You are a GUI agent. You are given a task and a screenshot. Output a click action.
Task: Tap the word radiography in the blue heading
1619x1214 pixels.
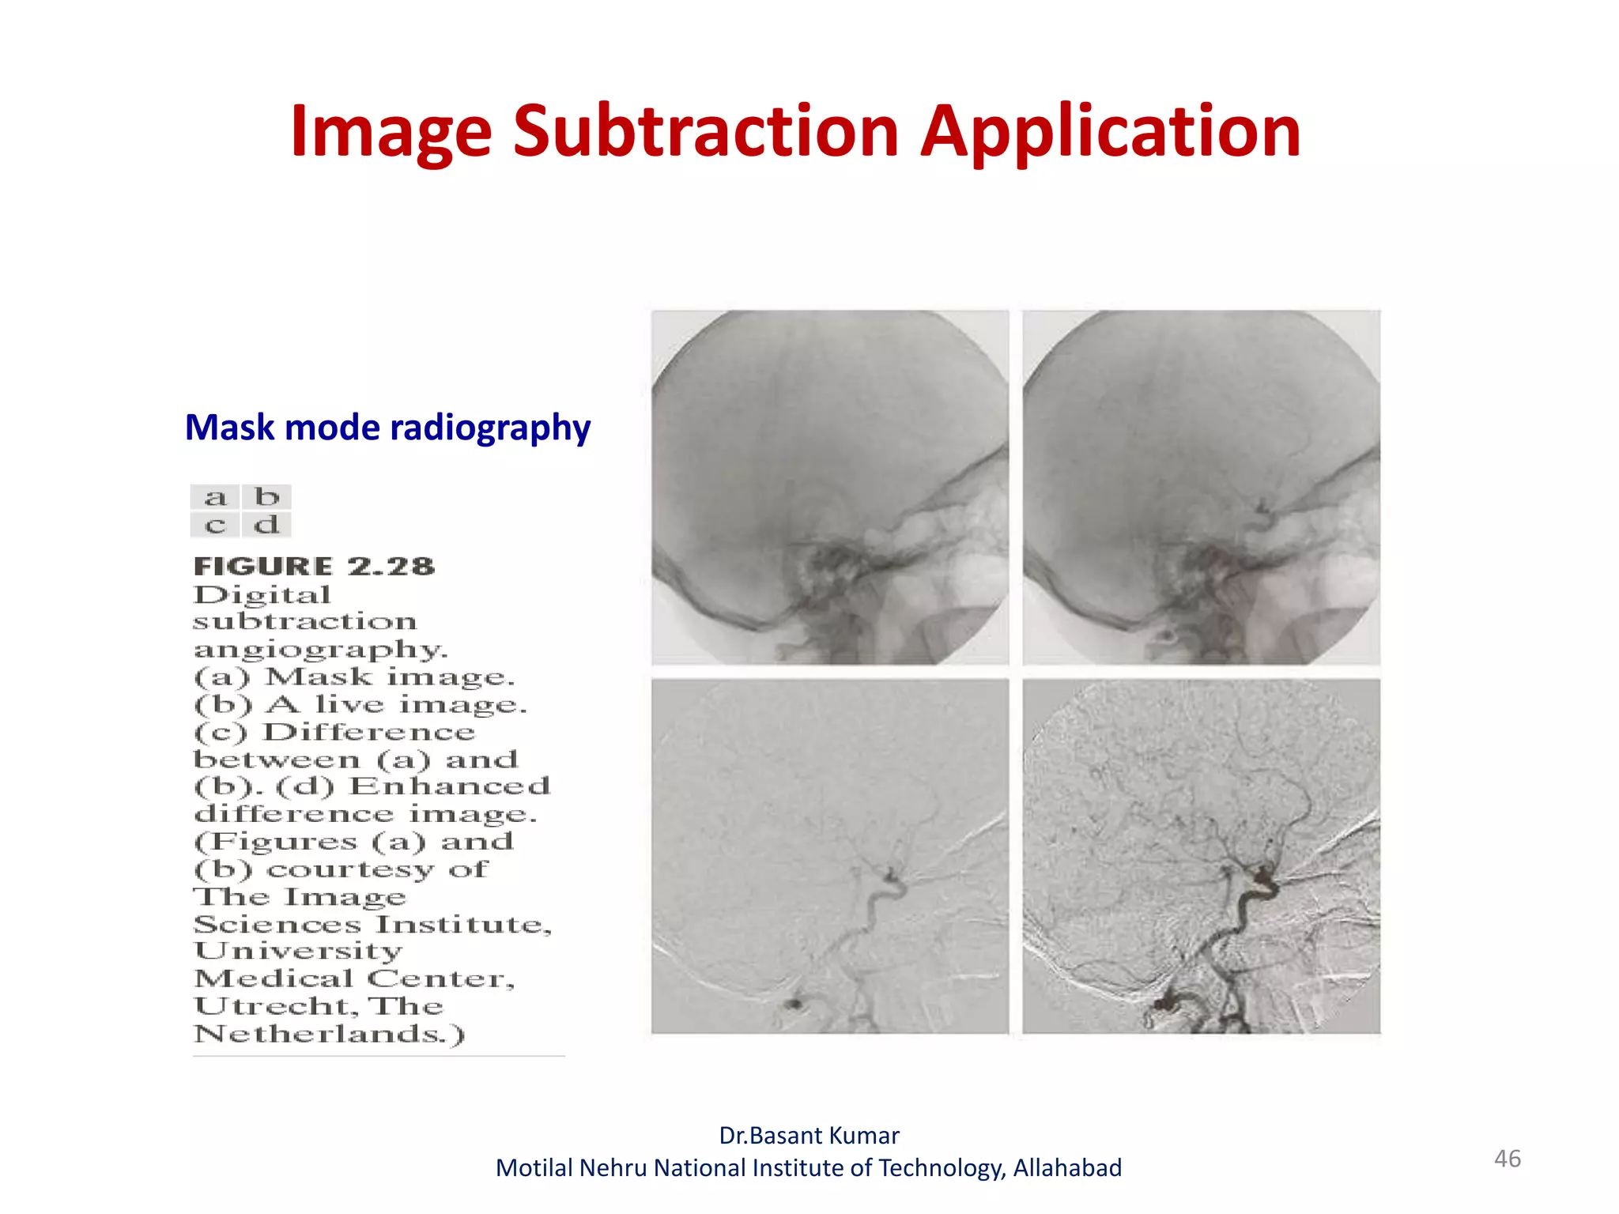490,428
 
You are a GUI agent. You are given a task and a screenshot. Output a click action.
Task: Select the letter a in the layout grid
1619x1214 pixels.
215,497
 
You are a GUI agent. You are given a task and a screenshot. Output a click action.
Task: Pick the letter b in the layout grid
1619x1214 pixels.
267,496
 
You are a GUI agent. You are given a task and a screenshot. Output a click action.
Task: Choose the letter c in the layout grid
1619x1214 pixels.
215,524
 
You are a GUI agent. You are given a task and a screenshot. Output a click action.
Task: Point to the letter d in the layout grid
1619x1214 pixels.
267,524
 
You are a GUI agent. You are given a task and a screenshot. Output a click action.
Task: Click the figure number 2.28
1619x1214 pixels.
391,566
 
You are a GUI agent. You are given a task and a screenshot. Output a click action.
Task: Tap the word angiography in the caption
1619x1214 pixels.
320,650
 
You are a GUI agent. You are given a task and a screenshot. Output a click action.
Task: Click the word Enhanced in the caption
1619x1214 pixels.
450,786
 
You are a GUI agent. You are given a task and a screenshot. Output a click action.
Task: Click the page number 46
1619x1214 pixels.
1507,1159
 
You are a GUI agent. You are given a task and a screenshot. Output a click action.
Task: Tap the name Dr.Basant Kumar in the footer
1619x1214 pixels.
809,1136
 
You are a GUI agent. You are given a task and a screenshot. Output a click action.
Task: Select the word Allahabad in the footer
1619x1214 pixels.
1067,1168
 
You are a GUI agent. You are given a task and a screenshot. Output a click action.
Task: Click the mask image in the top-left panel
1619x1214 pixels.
830,487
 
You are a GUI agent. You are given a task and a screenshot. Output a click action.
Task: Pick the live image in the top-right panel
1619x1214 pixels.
1201,487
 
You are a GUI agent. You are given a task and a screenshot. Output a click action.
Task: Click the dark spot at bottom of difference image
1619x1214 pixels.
792,1004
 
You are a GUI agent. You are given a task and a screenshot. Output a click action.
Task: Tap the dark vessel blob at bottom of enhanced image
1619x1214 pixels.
1164,1004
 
